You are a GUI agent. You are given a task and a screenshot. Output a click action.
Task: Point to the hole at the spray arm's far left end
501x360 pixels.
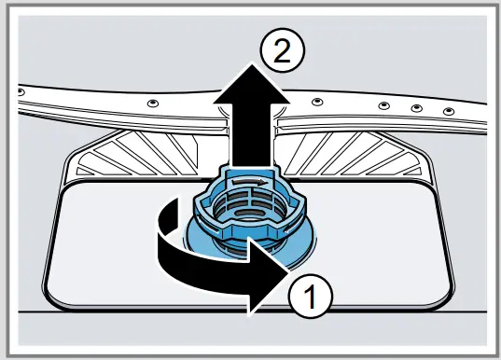tap(20, 91)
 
